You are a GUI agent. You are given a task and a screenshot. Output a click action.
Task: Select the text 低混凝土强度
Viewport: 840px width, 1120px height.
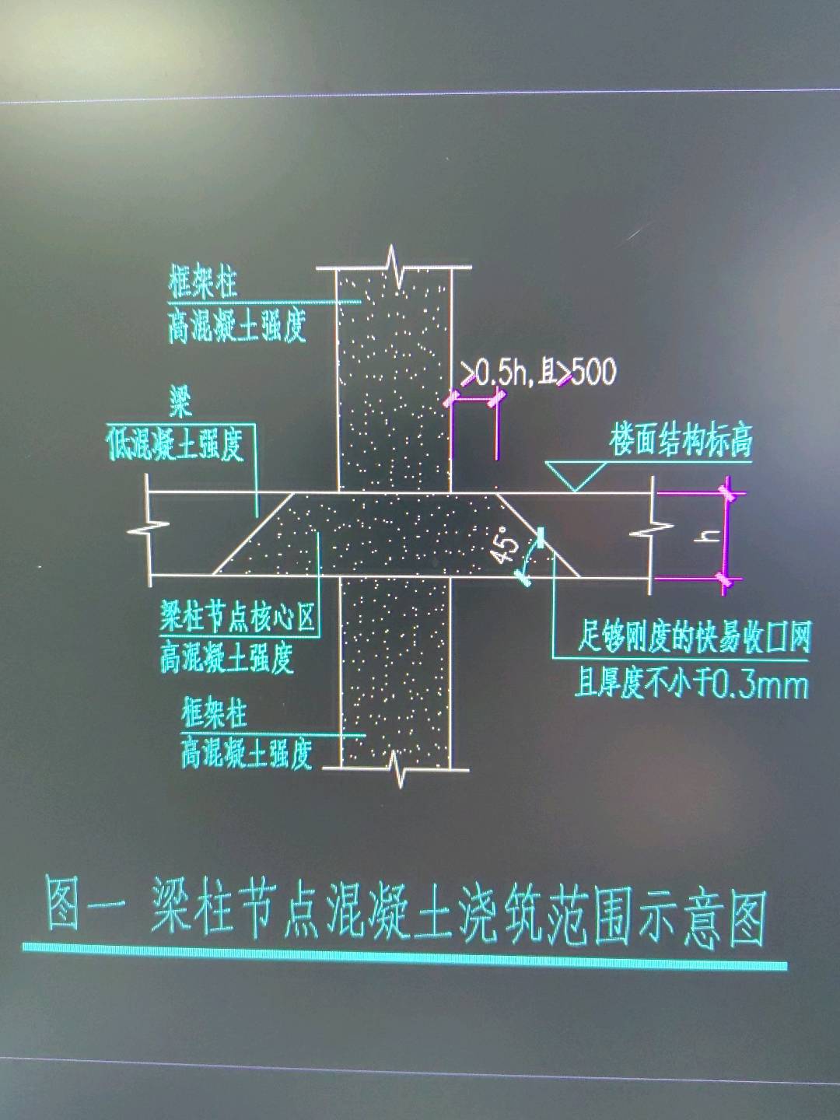pos(175,444)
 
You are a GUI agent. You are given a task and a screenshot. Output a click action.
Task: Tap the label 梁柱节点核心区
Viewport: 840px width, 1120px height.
pos(238,618)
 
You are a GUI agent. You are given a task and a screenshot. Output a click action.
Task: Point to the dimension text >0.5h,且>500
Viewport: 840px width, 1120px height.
pos(538,373)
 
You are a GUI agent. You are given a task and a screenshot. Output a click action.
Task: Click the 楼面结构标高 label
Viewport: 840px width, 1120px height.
pos(681,441)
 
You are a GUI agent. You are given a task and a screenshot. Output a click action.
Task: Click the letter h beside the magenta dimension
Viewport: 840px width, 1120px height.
pos(706,537)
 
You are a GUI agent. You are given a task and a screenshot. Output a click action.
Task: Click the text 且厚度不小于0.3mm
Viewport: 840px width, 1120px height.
pos(691,685)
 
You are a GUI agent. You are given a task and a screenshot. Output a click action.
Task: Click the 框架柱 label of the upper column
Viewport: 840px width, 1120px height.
pos(202,283)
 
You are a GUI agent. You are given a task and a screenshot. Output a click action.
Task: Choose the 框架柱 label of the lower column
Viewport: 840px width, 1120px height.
pos(214,713)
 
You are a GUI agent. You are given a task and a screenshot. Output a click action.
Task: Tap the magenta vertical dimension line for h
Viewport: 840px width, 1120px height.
pos(727,537)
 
